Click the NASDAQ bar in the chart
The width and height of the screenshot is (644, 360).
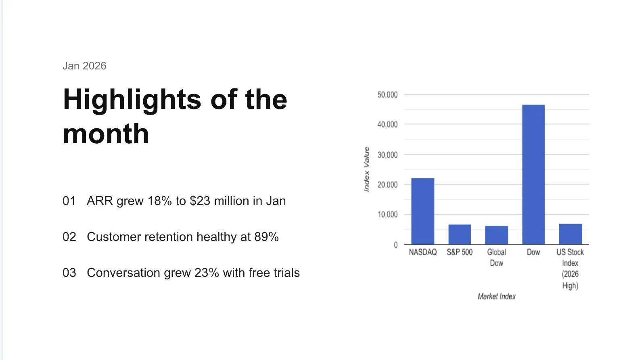422,211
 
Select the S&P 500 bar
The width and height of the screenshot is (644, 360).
460,234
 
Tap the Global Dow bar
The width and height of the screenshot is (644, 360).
496,235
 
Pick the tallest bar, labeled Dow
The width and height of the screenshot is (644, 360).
533,174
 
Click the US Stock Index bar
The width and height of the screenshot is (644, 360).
571,234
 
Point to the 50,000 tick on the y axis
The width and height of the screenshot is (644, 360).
387,94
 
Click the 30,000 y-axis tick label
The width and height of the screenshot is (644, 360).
387,155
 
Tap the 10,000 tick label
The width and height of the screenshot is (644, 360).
387,214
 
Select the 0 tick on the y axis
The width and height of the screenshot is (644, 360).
396,245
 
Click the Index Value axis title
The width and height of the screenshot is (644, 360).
366,169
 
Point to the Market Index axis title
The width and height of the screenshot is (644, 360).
496,297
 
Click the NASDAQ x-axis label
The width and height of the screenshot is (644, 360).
422,252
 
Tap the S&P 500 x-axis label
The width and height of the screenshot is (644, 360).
460,252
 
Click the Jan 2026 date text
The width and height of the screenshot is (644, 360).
84,66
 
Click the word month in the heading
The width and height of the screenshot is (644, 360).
106,134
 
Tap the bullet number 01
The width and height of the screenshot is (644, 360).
69,201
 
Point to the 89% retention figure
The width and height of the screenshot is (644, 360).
266,237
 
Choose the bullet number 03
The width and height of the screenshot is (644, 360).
69,273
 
